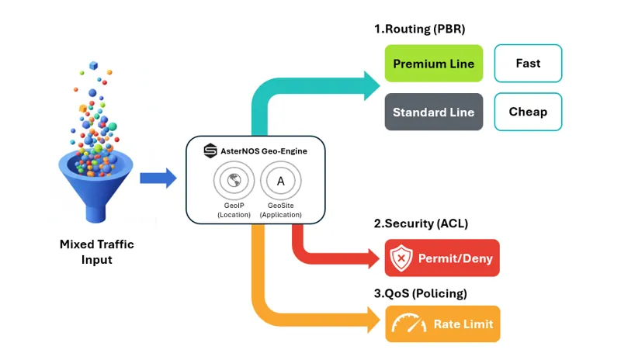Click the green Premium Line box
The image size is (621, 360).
(x=434, y=64)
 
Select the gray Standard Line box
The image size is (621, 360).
(x=434, y=112)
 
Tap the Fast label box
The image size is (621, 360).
(x=528, y=64)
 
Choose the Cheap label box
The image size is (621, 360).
(x=528, y=112)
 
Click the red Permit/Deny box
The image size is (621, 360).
(x=442, y=258)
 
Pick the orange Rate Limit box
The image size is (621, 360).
(x=442, y=324)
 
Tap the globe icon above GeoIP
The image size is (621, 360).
(x=233, y=182)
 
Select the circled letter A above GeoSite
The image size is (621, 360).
(x=280, y=182)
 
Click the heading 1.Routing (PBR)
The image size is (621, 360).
(x=419, y=29)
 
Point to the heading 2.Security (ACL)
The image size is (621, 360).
(x=421, y=224)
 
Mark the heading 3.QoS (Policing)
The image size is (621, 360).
(x=421, y=293)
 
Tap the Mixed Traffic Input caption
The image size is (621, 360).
(x=97, y=252)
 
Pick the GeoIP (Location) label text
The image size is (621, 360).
(x=233, y=209)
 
